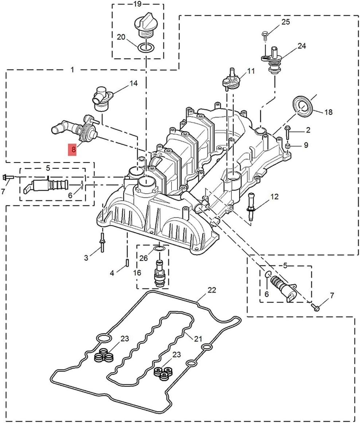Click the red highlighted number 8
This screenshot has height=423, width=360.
(x=73, y=149)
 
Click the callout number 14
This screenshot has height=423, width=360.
(x=133, y=84)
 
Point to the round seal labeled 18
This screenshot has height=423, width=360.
(x=302, y=106)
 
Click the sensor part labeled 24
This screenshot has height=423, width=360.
(x=273, y=60)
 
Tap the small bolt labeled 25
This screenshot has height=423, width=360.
(x=265, y=35)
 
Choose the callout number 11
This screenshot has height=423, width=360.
(x=251, y=71)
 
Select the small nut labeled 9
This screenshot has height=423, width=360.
(x=287, y=146)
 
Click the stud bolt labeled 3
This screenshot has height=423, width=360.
(x=102, y=244)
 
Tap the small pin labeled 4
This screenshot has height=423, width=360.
(x=127, y=263)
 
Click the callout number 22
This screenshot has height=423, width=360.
(x=212, y=290)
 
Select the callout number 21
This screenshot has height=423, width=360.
(x=198, y=339)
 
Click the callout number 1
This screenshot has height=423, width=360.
(x=72, y=69)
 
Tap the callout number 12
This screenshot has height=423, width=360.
(x=274, y=197)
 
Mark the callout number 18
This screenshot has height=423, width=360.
(x=328, y=112)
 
